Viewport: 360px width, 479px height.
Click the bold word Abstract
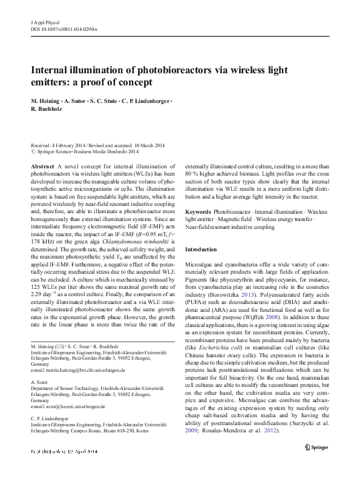42,166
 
